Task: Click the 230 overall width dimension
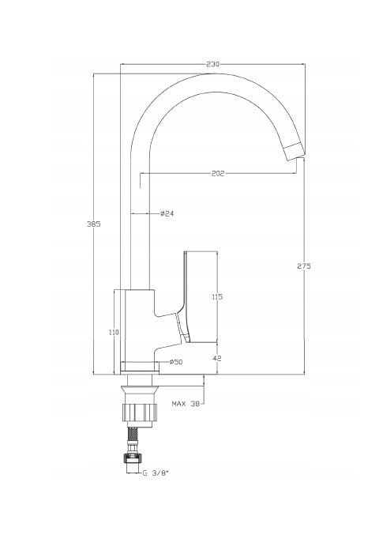213,64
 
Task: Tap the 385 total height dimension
93,224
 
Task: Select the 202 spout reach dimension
218,174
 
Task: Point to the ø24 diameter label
167,213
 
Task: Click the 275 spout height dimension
304,266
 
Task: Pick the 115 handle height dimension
217,297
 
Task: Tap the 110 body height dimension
114,332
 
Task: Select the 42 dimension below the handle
217,358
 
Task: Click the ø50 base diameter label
176,362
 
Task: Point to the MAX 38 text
186,404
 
